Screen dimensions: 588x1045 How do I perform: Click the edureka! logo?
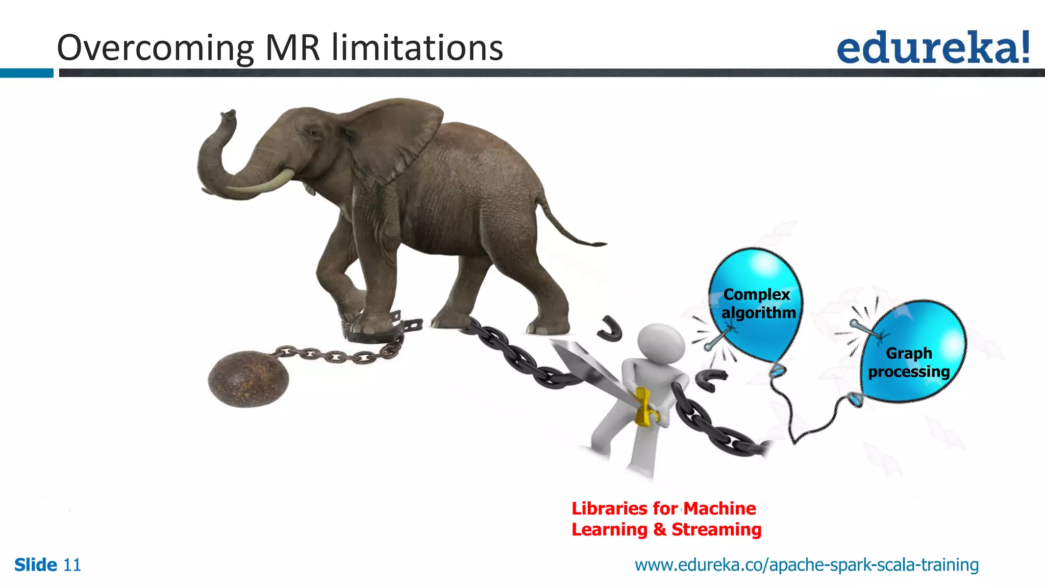933,47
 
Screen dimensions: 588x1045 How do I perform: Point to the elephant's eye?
312,133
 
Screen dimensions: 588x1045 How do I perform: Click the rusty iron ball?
248,379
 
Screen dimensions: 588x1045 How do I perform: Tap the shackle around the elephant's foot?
378,332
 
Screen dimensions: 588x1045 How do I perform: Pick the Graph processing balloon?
913,352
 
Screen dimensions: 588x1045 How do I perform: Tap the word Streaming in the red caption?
716,529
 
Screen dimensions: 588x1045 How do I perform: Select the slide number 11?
72,565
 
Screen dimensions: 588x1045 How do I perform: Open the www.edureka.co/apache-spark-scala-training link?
806,565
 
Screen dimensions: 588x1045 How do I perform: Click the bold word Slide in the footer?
35,565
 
